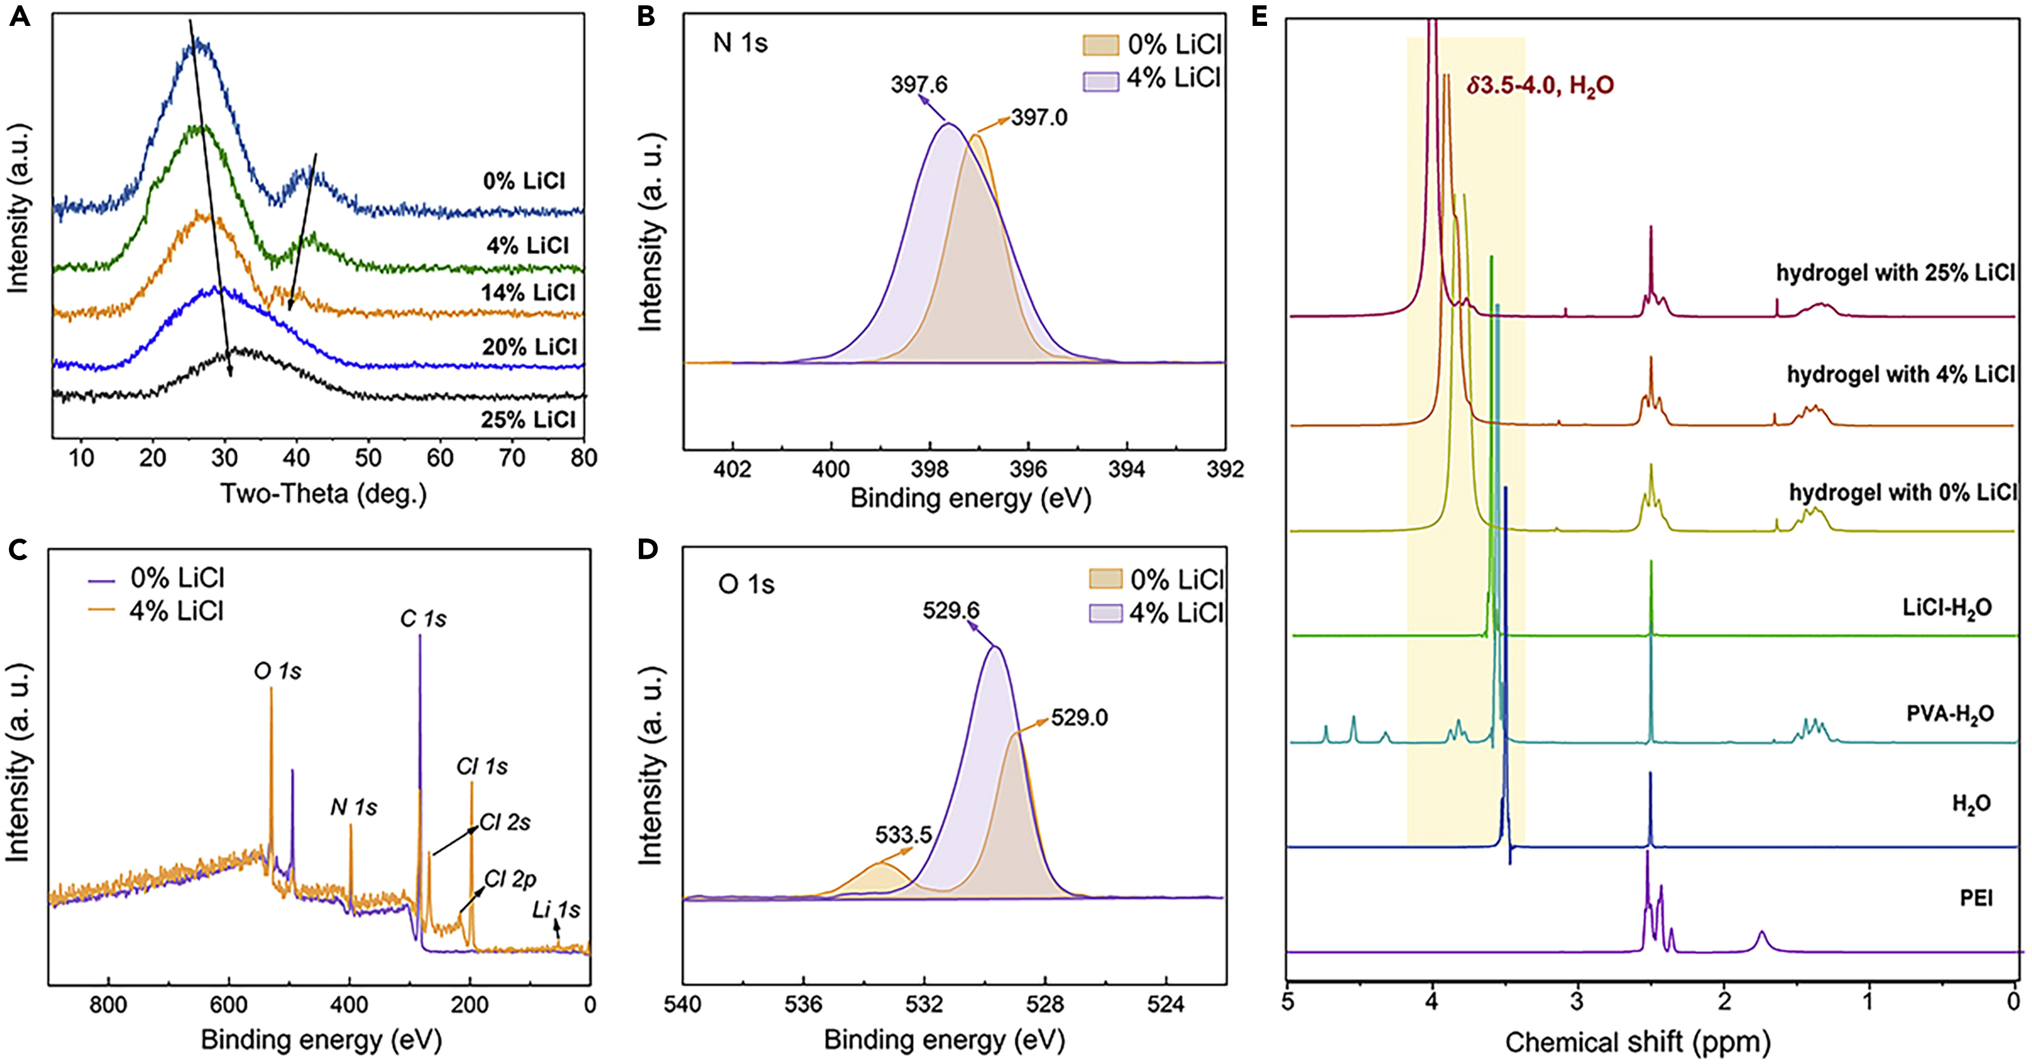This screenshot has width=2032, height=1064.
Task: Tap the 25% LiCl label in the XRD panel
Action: click(529, 419)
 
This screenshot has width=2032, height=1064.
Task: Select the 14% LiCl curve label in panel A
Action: click(529, 292)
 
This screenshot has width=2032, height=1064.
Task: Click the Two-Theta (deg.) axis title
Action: click(324, 494)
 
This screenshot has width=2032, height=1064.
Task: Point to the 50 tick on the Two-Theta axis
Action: click(368, 458)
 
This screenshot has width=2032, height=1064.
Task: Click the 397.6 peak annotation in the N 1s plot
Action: click(919, 84)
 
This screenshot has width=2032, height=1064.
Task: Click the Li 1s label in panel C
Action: click(556, 910)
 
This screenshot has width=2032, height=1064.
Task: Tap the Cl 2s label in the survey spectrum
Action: click(505, 823)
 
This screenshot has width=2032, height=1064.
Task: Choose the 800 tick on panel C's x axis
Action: click(108, 1005)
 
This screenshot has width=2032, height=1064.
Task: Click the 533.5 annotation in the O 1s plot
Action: click(903, 834)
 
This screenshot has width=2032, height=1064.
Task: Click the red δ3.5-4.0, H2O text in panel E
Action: click(1540, 85)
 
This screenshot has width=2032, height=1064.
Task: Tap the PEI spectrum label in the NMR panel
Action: click(1976, 898)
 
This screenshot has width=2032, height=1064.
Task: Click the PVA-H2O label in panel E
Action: click(1950, 714)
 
